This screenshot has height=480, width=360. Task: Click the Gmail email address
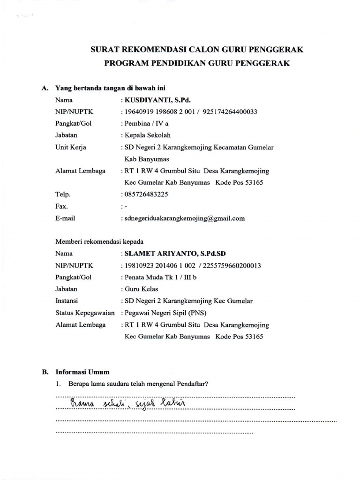[x=185, y=218]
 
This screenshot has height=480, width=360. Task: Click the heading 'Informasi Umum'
[x=82, y=372]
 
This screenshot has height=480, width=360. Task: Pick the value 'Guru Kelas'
[x=140, y=289]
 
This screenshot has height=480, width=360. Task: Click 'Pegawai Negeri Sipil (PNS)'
[x=165, y=313]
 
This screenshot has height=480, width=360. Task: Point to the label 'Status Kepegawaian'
[x=85, y=313]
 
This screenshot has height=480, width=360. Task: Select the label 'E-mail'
[x=65, y=218]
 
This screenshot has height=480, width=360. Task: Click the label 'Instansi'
[x=67, y=301]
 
